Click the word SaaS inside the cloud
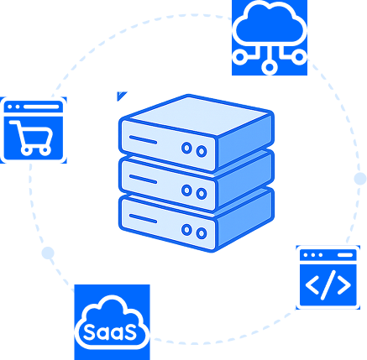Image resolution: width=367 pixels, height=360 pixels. coord(110,332)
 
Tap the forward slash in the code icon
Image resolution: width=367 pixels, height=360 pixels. coord(328,285)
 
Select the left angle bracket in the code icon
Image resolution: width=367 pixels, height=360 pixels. coord(312,285)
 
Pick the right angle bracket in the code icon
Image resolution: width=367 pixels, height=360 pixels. coord(344,285)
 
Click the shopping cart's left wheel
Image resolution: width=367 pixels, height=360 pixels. coord(26,150)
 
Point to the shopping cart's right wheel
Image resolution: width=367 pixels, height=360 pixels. coord(45,150)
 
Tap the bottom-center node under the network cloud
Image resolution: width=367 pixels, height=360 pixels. coord(270,67)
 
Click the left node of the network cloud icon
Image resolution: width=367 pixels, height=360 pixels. coord(240,57)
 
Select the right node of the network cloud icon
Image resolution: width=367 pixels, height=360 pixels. coord(299,57)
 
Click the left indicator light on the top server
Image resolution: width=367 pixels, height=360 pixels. coord(186,148)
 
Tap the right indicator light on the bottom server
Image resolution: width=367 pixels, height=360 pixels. coord(202,233)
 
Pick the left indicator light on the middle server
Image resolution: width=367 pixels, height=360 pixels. coord(186,190)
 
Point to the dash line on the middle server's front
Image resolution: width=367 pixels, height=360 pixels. coord(143,180)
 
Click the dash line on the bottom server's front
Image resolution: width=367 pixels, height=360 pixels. coord(143,219)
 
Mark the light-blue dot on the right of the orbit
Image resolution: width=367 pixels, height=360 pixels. coord(360,179)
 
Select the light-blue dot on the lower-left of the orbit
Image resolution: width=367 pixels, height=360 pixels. coord(48,253)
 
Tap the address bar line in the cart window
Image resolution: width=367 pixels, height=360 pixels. coord(41,107)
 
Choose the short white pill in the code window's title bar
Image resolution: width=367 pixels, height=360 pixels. coord(345,255)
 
